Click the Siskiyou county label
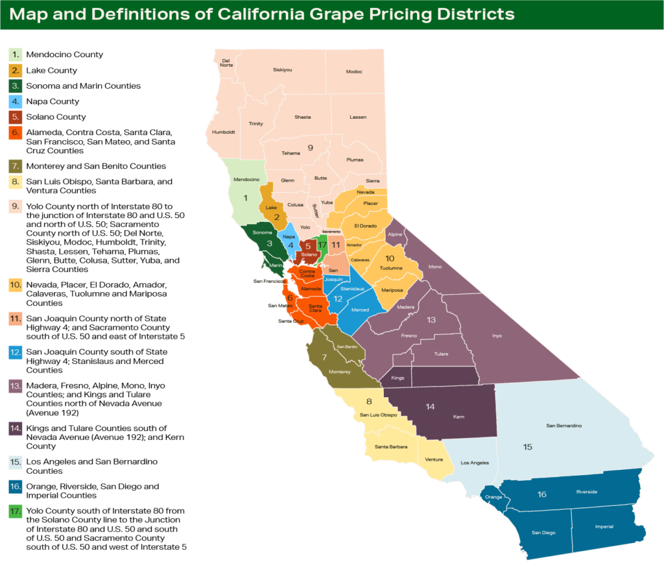coord(283,69)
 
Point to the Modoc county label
coord(354,71)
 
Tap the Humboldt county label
coord(223,132)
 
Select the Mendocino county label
coord(246,179)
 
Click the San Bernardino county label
coord(563,426)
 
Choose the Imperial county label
coord(604,526)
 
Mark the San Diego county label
coord(543,533)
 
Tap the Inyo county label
coord(497,336)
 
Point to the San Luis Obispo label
coord(379,415)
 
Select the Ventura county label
coord(434,459)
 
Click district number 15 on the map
coord(527,447)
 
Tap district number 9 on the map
coord(310,148)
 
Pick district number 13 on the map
coord(431,320)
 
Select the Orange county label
coord(493,497)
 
